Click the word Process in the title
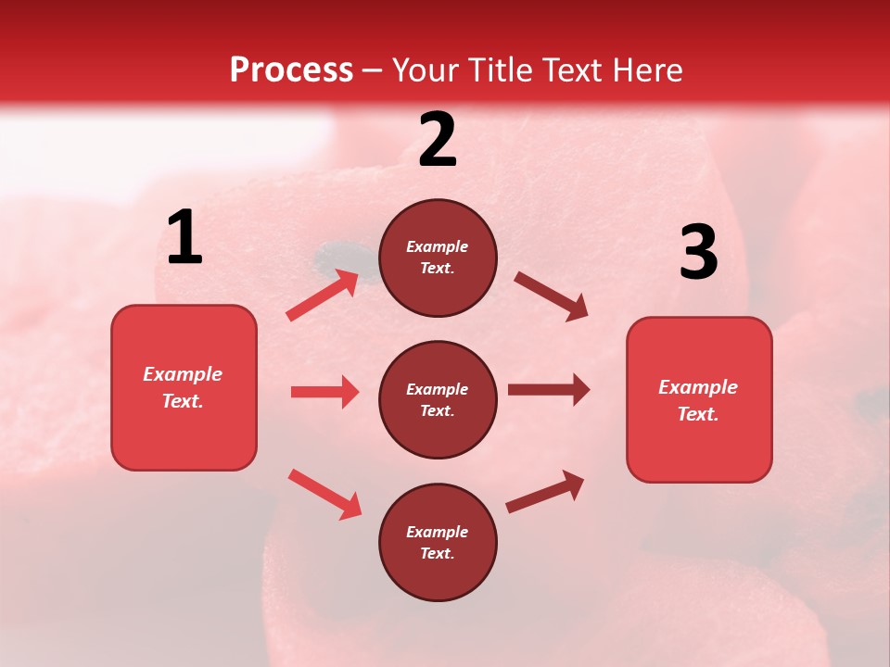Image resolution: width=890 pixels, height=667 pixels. [291, 70]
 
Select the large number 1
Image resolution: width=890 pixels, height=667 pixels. [184, 238]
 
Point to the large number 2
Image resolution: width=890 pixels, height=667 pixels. [438, 140]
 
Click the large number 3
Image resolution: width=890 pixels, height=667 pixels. [698, 252]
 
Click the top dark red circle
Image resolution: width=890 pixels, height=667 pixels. [438, 258]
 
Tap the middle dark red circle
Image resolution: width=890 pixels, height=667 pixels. [438, 399]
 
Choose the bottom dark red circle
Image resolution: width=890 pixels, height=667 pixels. [438, 542]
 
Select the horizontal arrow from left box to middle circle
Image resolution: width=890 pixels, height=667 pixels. [324, 392]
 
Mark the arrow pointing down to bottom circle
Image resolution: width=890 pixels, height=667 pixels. [324, 494]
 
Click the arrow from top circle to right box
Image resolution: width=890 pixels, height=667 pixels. [552, 296]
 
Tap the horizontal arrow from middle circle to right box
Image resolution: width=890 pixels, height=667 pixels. [549, 390]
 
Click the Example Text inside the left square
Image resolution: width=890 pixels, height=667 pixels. [183, 387]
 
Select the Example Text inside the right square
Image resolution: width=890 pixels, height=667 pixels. [698, 400]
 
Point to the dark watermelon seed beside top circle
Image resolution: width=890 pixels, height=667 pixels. [330, 254]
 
